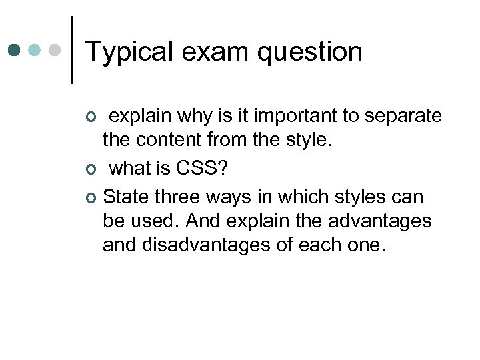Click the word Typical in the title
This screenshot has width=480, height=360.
pyautogui.click(x=128, y=52)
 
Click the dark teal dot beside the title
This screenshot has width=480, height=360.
pyautogui.click(x=15, y=50)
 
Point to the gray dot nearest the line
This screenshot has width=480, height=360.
pyautogui.click(x=56, y=50)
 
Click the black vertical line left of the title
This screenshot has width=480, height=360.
pyautogui.click(x=72, y=49)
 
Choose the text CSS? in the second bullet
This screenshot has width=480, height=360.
pyautogui.click(x=201, y=169)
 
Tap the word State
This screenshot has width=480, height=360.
pyautogui.click(x=126, y=197)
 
